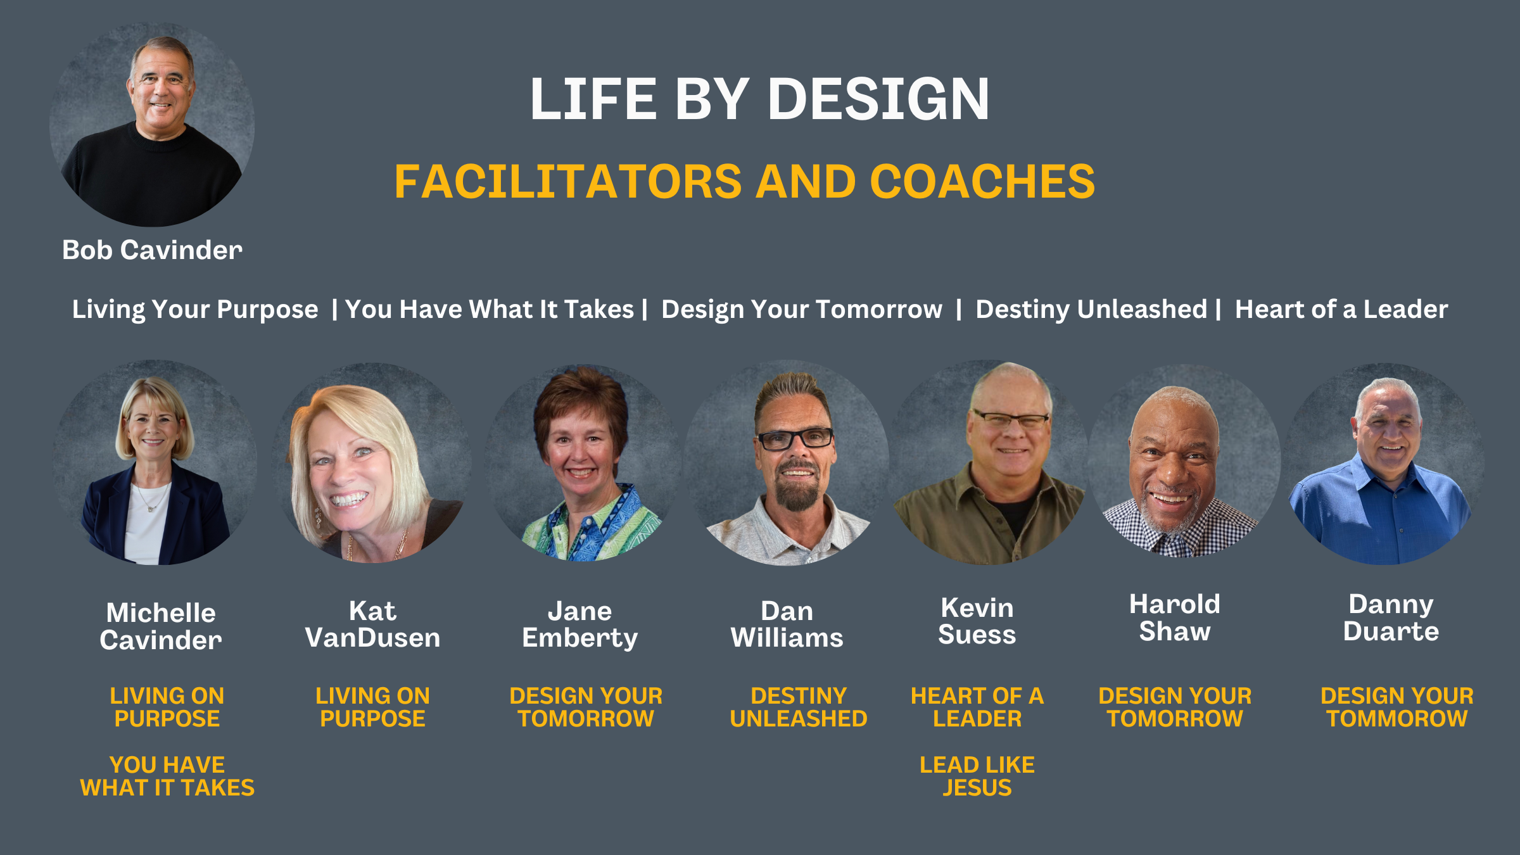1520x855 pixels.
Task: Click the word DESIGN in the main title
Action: tap(878, 99)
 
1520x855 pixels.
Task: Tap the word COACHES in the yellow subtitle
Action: tap(982, 181)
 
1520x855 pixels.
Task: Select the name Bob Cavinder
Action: tap(152, 250)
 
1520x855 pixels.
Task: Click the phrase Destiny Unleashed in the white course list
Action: tap(1091, 309)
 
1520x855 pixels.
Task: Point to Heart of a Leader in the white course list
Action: tap(1341, 309)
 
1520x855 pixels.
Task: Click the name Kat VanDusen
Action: tap(372, 624)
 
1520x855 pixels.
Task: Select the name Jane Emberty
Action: tap(580, 624)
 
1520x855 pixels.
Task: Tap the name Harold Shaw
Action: tap(1175, 617)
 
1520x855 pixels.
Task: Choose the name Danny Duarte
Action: tap(1391, 617)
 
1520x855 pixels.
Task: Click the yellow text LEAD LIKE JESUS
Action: tap(977, 776)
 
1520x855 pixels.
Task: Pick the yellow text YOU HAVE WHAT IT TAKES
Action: tap(167, 776)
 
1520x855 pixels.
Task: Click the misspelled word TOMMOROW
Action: tap(1397, 719)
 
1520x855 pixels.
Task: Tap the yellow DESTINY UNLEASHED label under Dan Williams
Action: tap(799, 707)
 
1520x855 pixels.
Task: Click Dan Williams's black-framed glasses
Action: tap(795, 438)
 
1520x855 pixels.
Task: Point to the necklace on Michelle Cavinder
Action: tap(153, 497)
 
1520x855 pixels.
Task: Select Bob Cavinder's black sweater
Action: tap(152, 177)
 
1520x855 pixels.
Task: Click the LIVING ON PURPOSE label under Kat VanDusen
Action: tap(372, 707)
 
